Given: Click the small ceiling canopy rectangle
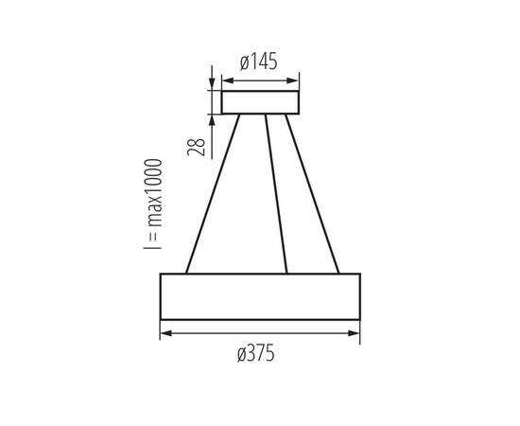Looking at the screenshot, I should click(x=260, y=102).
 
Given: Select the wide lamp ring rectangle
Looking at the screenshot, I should click(x=260, y=296).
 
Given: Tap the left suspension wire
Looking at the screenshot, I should click(x=209, y=194).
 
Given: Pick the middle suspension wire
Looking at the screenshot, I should click(x=277, y=194).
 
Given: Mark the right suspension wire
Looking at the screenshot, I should click(x=312, y=194).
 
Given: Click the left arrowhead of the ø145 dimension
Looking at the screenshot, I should click(x=225, y=80).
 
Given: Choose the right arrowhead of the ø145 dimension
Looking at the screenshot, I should click(x=295, y=80).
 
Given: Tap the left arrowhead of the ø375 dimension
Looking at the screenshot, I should click(x=165, y=332).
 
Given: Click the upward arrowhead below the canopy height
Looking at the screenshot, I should click(x=211, y=119).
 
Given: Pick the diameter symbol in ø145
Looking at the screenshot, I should click(x=244, y=62).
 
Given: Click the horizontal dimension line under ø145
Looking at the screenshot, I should click(x=260, y=80).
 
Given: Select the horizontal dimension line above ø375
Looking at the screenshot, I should click(x=260, y=332).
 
